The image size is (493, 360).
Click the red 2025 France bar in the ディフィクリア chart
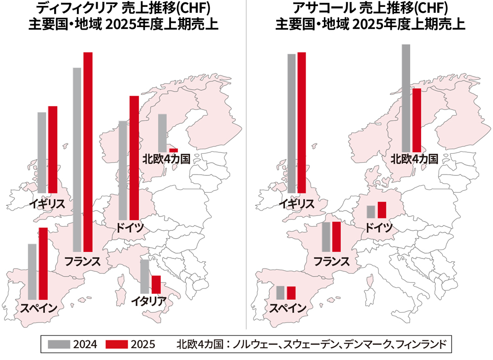(x=88, y=152)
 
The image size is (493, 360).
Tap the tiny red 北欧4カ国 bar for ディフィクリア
(x=174, y=150)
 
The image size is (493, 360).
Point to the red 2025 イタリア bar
(x=156, y=284)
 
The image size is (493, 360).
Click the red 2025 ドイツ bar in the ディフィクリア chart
(x=134, y=158)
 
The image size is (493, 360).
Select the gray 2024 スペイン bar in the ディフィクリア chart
(x=32, y=271)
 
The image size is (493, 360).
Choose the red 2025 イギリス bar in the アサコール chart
(x=302, y=123)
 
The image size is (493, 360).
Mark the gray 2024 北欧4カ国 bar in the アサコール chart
(x=406, y=98)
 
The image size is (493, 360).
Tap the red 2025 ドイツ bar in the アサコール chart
(x=382, y=210)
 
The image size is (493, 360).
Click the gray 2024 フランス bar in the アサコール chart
(x=326, y=237)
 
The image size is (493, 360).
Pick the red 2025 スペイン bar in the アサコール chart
(x=291, y=292)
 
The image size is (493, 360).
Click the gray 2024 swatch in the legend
(x=59, y=344)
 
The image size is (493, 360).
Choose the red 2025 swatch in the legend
(x=117, y=344)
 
